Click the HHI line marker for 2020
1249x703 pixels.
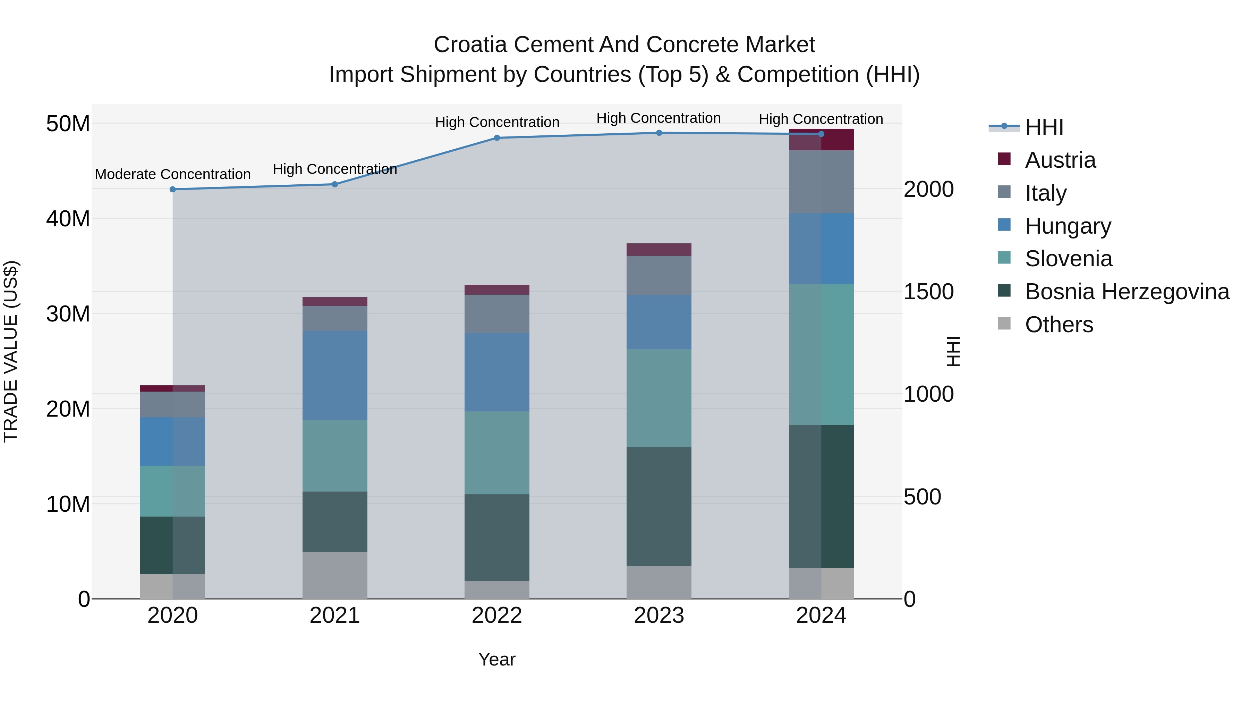pyautogui.click(x=173, y=189)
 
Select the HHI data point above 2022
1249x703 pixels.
pyautogui.click(x=496, y=138)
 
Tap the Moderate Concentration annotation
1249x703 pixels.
pyautogui.click(x=173, y=174)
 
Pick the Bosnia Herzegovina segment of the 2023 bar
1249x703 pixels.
pyautogui.click(x=659, y=506)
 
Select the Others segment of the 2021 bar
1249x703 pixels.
pyautogui.click(x=334, y=575)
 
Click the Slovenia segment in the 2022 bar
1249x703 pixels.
pyautogui.click(x=496, y=453)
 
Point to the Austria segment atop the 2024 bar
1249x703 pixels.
pyautogui.click(x=821, y=140)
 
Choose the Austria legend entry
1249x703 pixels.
pyautogui.click(x=1060, y=160)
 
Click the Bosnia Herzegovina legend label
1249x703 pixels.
pyautogui.click(x=1127, y=292)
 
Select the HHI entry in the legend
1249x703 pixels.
pyautogui.click(x=1044, y=127)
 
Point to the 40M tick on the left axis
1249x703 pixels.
pyautogui.click(x=68, y=219)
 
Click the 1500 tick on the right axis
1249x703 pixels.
pyautogui.click(x=928, y=292)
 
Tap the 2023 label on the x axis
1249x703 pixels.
pyautogui.click(x=659, y=616)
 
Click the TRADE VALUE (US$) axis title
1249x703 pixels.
pyautogui.click(x=11, y=351)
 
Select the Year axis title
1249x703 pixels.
pyautogui.click(x=496, y=659)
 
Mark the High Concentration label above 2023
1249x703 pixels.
pyautogui.click(x=659, y=118)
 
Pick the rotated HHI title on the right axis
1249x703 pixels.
pyautogui.click(x=953, y=351)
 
